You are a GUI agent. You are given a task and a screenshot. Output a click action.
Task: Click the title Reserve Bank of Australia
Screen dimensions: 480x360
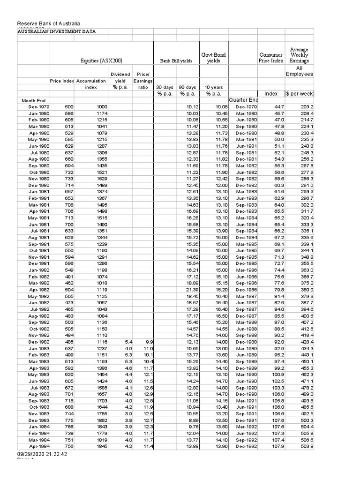49,24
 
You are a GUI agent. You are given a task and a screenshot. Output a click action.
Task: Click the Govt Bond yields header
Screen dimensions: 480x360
213,58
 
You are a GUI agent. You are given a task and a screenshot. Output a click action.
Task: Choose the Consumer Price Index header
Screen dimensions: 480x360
271,58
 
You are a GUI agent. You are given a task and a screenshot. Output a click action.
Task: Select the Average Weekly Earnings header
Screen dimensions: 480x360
299,55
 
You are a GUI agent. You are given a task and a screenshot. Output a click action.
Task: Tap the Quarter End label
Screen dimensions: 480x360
243,100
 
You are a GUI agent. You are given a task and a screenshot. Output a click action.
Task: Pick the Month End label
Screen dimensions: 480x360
34,100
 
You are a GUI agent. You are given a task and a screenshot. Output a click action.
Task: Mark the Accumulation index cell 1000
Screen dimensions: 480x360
101,107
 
